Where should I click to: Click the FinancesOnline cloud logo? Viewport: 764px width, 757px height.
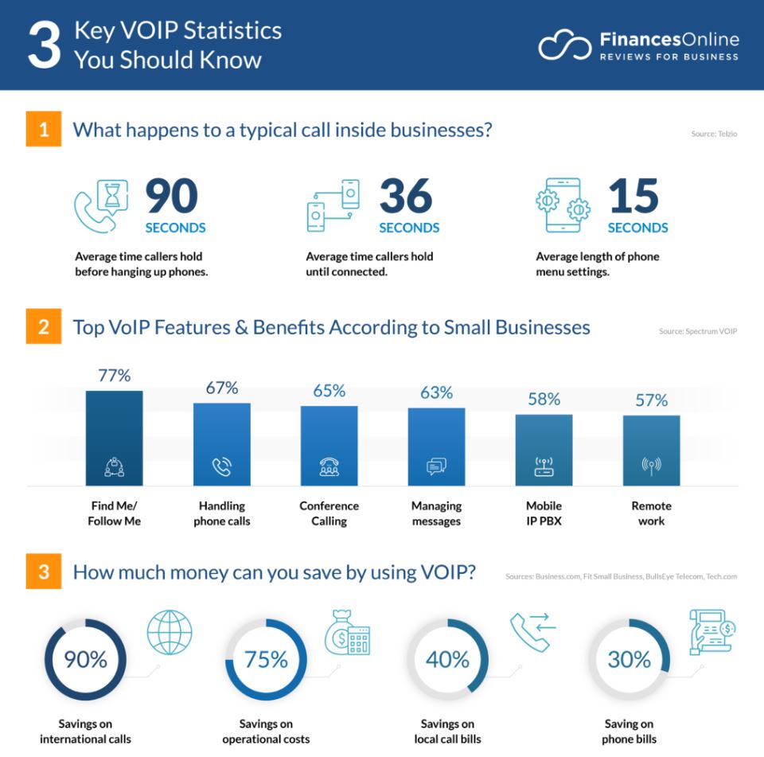[x=564, y=46]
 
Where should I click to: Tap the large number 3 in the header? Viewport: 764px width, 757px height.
[x=44, y=46]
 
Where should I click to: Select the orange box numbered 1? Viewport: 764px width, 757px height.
[x=43, y=130]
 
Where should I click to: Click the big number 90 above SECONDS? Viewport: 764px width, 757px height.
[x=172, y=197]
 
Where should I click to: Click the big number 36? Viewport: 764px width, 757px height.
[x=406, y=197]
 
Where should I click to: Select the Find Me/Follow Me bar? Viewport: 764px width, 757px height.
[x=114, y=438]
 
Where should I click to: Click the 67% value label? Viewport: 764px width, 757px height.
[x=221, y=388]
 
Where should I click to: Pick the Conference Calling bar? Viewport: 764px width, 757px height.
[x=329, y=445]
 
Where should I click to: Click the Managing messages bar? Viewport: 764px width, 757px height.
[x=436, y=446]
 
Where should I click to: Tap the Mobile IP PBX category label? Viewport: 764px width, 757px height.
[x=544, y=513]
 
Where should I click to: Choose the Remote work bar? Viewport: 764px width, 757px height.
[x=651, y=450]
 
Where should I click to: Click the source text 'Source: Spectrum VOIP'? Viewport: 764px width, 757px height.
[x=697, y=331]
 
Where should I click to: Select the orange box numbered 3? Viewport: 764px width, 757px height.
[x=43, y=572]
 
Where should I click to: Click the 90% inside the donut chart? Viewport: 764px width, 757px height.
[x=86, y=660]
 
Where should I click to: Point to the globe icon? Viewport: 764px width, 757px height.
[x=170, y=633]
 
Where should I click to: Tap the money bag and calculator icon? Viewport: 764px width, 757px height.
[x=347, y=633]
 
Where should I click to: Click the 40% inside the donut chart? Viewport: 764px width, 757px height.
[x=447, y=660]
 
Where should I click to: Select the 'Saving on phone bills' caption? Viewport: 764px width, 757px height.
[x=628, y=732]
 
